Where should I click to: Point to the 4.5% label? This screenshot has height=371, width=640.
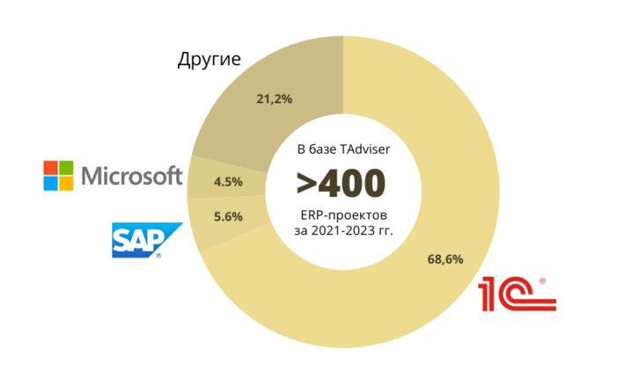coord(228,184)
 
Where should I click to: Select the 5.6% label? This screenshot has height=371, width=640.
coord(228,216)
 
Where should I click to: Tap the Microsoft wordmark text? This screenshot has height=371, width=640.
coord(131,176)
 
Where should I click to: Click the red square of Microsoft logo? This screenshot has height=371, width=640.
coord(52,167)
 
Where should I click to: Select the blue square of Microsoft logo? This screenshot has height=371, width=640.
coord(52,183)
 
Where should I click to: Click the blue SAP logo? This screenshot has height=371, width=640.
coord(141,239)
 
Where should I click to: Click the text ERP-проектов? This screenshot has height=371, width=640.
coord(341,215)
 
